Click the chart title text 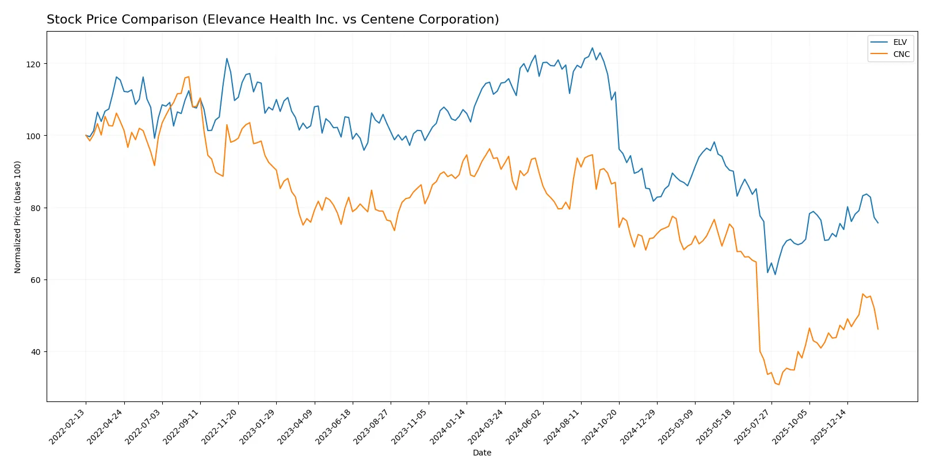coord(273,20)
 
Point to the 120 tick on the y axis coord(33,64)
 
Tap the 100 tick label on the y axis coord(33,136)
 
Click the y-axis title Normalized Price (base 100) coord(18,217)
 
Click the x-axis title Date coord(482,453)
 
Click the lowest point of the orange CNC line coord(779,384)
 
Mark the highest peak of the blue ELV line coord(592,48)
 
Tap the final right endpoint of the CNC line coord(878,329)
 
